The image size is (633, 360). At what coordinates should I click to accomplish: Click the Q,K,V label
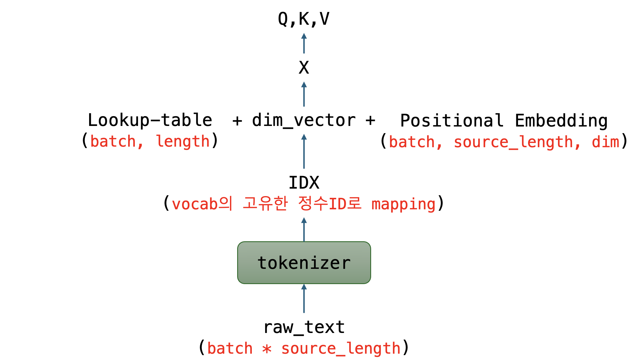tap(304, 19)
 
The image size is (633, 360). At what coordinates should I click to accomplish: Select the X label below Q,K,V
tap(304, 68)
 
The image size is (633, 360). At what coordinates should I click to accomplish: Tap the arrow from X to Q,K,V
tap(304, 43)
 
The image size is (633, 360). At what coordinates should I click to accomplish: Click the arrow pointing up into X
tap(304, 94)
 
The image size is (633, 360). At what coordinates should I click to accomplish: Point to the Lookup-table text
tap(150, 120)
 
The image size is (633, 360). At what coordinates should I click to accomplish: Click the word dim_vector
tap(304, 120)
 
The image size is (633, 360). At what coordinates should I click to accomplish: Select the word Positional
tap(452, 120)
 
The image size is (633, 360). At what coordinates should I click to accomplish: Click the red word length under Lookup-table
tap(183, 141)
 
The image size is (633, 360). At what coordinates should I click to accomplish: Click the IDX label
tap(304, 183)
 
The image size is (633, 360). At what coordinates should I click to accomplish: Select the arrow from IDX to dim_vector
tap(304, 151)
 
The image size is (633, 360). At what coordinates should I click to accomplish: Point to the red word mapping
tap(404, 204)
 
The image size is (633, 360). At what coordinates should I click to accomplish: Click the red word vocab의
tap(202, 204)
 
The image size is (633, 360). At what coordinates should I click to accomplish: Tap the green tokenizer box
tap(304, 263)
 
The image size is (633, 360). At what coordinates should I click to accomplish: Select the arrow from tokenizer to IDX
tap(304, 229)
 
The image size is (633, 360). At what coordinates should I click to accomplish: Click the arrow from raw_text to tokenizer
tap(304, 298)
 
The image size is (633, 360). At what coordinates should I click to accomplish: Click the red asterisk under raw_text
tap(267, 349)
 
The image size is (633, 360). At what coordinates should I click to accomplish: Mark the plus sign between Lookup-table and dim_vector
tap(237, 120)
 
